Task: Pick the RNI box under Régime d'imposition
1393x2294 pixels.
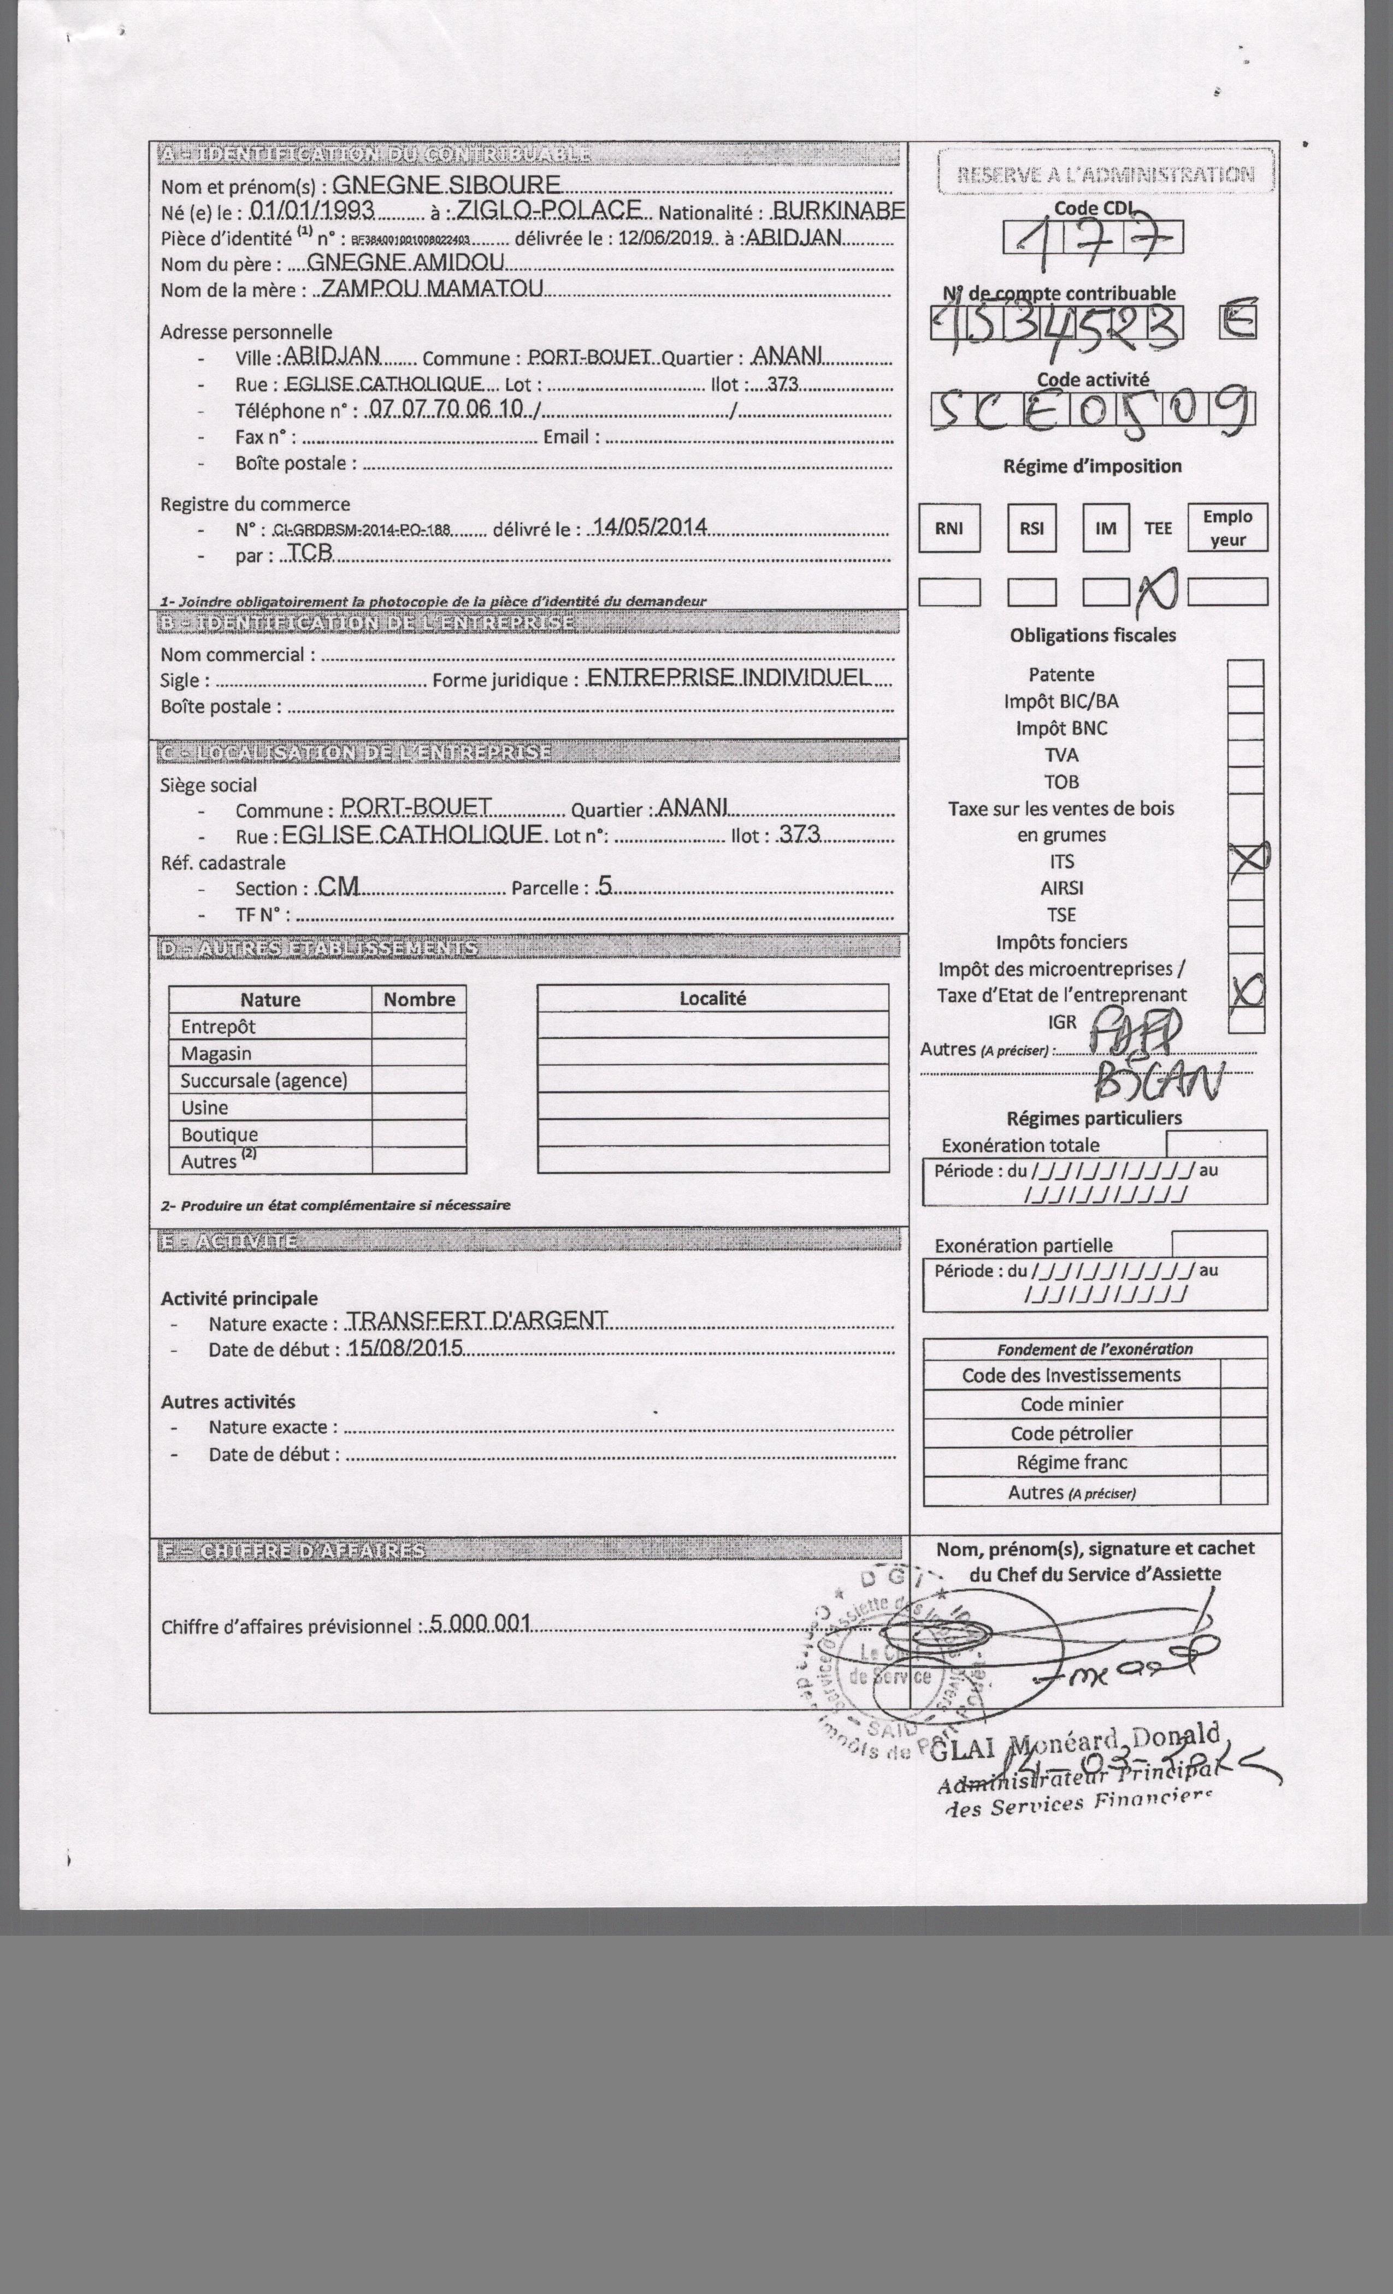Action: coord(949,528)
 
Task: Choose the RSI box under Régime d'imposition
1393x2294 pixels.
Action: coord(1032,528)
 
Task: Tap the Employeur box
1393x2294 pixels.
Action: coord(1227,528)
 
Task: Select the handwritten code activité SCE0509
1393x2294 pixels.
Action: coord(1092,410)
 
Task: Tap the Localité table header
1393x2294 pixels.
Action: coord(712,998)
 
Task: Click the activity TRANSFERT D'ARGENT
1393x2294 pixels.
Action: coord(477,1321)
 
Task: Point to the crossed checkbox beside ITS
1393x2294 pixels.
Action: coord(1247,859)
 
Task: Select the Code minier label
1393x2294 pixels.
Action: coord(1072,1404)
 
